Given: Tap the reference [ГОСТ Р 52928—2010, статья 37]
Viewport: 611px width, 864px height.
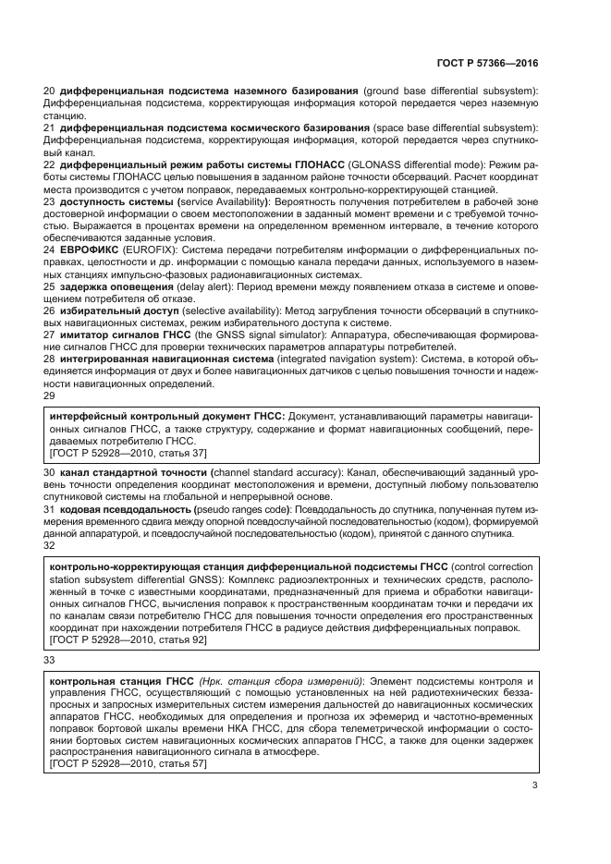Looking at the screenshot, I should pyautogui.click(x=128, y=453).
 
